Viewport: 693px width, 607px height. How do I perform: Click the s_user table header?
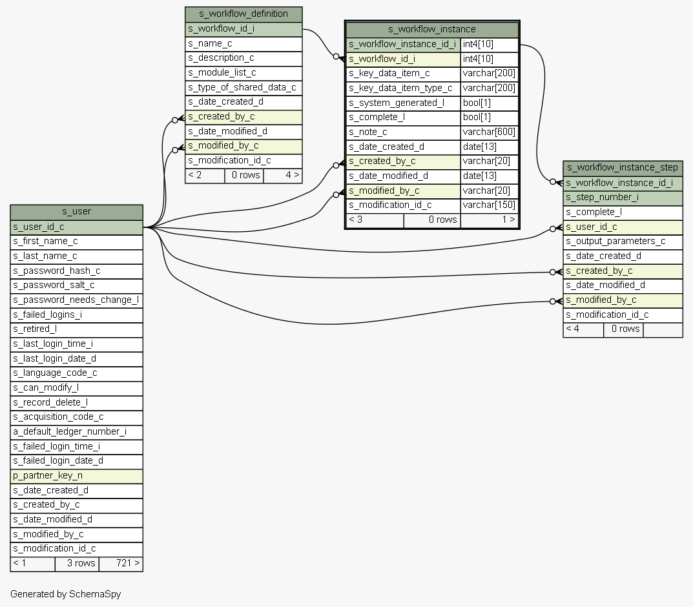(76, 212)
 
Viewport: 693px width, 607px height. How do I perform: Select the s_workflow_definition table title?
(243, 14)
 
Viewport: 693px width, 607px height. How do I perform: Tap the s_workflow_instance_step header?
(623, 168)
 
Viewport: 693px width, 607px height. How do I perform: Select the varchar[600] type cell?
(489, 132)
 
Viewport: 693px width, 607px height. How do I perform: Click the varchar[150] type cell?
(489, 205)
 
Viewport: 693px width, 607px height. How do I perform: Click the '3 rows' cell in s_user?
(76, 563)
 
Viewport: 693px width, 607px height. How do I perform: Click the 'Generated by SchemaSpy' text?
(66, 594)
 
